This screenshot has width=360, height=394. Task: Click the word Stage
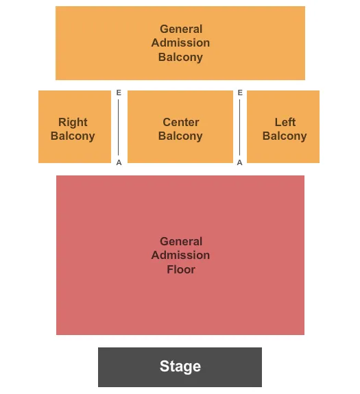[x=180, y=367]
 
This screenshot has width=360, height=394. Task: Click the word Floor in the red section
[x=181, y=269]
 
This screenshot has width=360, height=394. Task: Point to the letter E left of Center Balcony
[x=119, y=93]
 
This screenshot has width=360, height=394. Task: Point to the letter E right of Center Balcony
[x=240, y=93]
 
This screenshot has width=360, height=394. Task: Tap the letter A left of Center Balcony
[x=119, y=162]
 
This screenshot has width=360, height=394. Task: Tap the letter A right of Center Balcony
[x=240, y=162]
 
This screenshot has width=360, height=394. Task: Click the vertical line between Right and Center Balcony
[x=118, y=127]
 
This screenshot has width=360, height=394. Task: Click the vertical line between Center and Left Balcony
[x=240, y=127]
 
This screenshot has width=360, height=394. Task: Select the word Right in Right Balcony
[x=73, y=122]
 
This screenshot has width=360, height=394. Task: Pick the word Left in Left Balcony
[x=285, y=122]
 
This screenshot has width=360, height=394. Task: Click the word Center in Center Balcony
[x=181, y=122]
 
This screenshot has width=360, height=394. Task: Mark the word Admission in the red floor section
[x=181, y=255]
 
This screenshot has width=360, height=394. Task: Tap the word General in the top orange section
[x=181, y=29]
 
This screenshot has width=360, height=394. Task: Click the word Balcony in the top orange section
[x=181, y=57]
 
